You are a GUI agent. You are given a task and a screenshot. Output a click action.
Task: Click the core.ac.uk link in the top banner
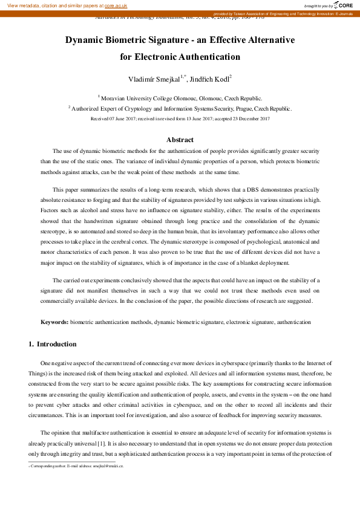[x=116, y=5]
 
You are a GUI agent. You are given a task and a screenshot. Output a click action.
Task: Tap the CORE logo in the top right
[x=344, y=5]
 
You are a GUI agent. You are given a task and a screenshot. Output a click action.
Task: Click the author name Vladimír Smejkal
[x=154, y=80]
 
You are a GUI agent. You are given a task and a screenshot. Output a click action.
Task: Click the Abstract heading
[x=180, y=140]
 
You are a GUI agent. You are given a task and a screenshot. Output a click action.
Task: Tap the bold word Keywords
[x=54, y=323]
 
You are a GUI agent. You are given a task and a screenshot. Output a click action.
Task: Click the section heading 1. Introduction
[x=53, y=345]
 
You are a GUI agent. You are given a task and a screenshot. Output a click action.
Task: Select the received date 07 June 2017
[x=122, y=119]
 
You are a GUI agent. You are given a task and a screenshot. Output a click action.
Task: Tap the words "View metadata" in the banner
[x=21, y=5]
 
